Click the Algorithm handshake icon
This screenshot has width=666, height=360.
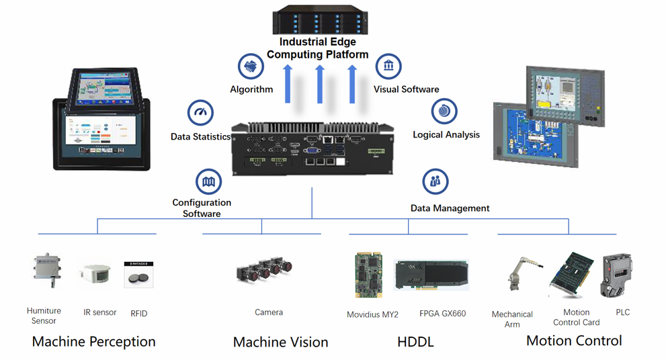pyautogui.click(x=251, y=66)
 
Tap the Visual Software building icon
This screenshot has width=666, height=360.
pyautogui.click(x=388, y=66)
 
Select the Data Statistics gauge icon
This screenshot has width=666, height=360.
pyautogui.click(x=200, y=114)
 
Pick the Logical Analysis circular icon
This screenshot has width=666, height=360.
pyautogui.click(x=444, y=111)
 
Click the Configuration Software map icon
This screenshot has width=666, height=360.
pyautogui.click(x=208, y=182)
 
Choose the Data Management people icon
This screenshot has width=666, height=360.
pyautogui.click(x=435, y=181)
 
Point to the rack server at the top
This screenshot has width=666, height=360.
pyautogui.click(x=321, y=19)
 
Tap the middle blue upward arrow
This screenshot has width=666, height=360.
pyautogui.click(x=320, y=84)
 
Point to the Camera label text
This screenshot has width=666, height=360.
pyautogui.click(x=268, y=312)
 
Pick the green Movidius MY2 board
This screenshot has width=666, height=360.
pyautogui.click(x=368, y=274)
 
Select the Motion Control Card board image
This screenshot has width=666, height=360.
pyautogui.click(x=571, y=275)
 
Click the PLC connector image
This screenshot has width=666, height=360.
pyautogui.click(x=615, y=275)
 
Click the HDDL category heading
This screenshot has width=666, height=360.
pyautogui.click(x=415, y=342)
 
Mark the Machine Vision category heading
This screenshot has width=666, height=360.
pyautogui.click(x=280, y=342)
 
